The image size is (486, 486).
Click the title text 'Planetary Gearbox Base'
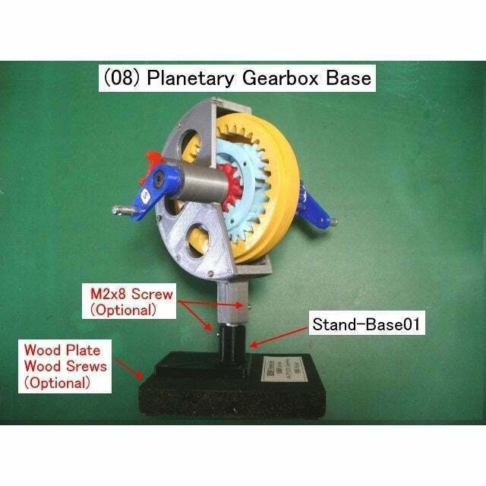260,78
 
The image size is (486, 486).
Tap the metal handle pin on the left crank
123,209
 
